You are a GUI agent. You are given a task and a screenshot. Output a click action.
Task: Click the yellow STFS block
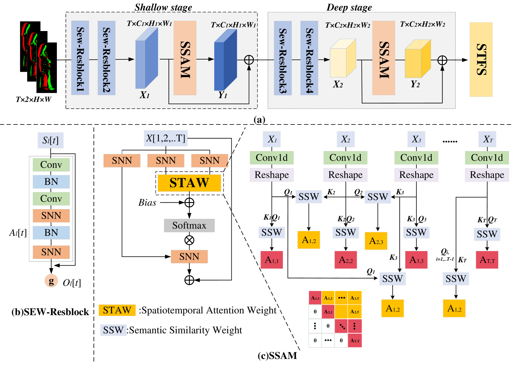pyautogui.click(x=481, y=59)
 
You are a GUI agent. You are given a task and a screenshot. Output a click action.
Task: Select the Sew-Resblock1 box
pyautogui.click(x=80, y=58)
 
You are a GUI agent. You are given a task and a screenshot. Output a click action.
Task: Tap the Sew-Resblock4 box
pyautogui.click(x=309, y=58)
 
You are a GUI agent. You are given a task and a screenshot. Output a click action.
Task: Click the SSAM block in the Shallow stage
pyautogui.click(x=185, y=58)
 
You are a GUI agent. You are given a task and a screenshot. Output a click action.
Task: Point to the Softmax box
pyautogui.click(x=189, y=226)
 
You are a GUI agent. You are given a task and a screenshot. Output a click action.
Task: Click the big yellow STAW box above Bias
pyautogui.click(x=189, y=183)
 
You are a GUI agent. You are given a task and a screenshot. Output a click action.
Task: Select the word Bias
pyautogui.click(x=147, y=203)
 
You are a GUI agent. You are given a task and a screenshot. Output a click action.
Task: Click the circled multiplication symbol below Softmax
pyautogui.click(x=189, y=240)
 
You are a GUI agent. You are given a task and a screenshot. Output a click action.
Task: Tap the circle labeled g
pyautogui.click(x=51, y=281)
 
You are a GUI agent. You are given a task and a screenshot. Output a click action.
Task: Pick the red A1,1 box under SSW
pyautogui.click(x=272, y=260)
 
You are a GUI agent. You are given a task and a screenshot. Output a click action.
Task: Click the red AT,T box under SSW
pyautogui.click(x=487, y=260)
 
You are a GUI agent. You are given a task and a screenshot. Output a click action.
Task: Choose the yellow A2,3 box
pyautogui.click(x=376, y=241)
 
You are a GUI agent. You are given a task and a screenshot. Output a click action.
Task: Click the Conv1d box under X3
pyautogui.click(x=416, y=158)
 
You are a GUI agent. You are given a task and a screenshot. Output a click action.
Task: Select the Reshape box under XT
pyautogui.click(x=487, y=175)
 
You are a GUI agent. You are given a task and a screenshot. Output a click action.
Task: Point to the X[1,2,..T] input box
pyautogui.click(x=166, y=138)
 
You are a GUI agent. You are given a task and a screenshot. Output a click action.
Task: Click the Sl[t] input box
pyautogui.click(x=50, y=140)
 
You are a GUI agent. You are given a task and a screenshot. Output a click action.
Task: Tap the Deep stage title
pyautogui.click(x=349, y=7)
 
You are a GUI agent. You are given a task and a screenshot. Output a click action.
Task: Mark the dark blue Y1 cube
pyautogui.click(x=225, y=61)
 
